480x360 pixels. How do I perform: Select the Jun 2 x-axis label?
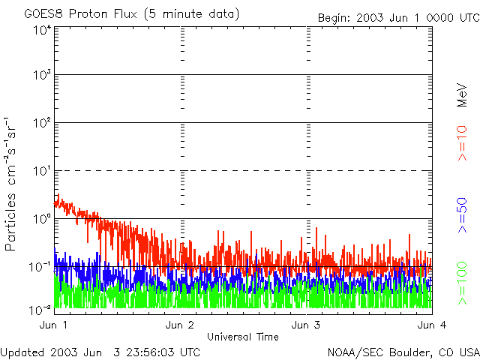[180, 325]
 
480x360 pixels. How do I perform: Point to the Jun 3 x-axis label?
[306, 325]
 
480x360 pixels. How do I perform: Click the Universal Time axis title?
[243, 337]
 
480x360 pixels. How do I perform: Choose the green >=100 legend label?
[463, 283]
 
